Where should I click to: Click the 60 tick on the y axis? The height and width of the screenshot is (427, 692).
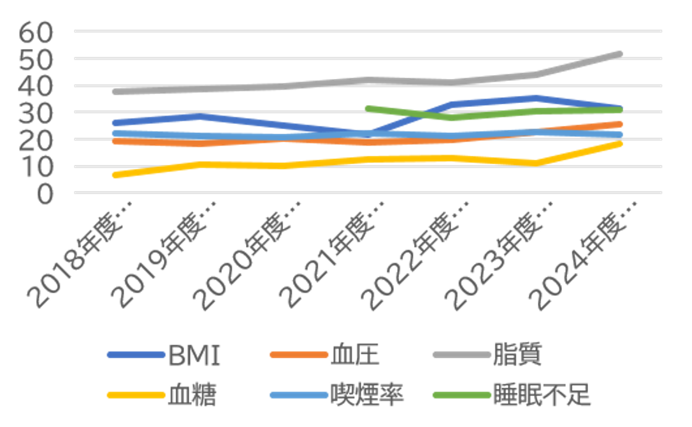pos(36,32)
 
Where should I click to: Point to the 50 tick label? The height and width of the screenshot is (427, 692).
pos(36,59)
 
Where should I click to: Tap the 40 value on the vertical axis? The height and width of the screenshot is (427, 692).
pos(36,86)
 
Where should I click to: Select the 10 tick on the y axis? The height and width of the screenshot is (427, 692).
pos(36,167)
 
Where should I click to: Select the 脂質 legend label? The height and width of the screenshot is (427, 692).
pos(517,355)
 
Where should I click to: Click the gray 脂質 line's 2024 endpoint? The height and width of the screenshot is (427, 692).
pos(619,54)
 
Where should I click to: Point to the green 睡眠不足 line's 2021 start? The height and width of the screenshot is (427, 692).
pos(368,109)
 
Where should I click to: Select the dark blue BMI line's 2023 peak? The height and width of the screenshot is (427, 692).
pos(535,98)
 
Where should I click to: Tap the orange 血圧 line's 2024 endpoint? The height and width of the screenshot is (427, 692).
pos(619,124)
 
